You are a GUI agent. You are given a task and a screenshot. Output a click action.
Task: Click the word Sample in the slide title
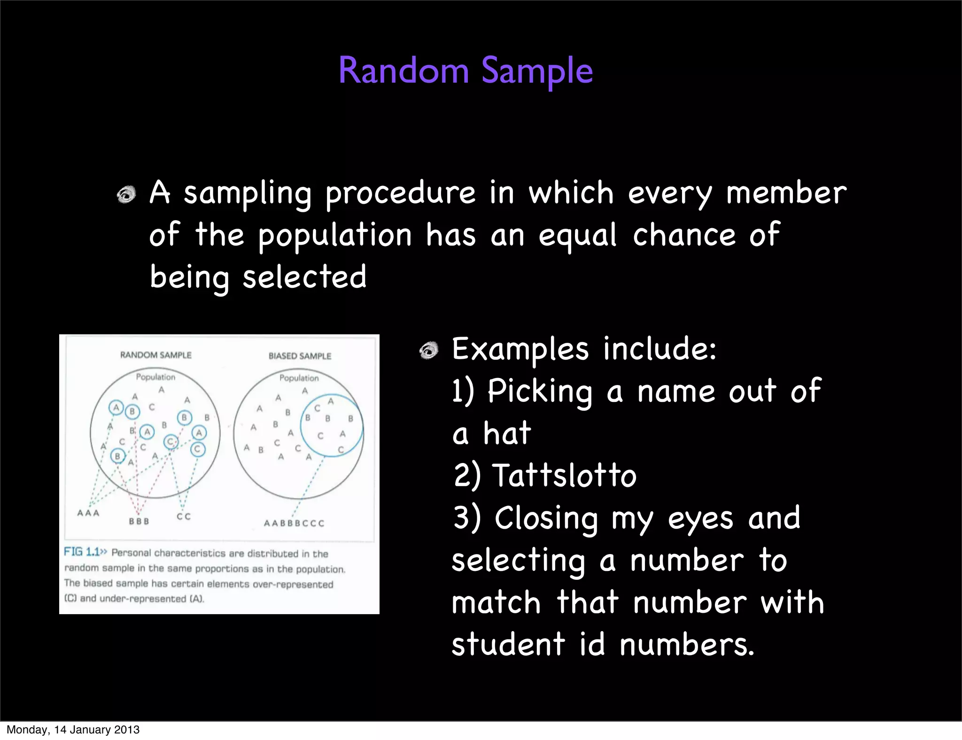coord(537,71)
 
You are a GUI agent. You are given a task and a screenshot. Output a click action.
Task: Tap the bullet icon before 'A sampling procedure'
coord(126,194)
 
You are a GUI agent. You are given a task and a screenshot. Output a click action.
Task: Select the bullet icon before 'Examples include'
coord(428,350)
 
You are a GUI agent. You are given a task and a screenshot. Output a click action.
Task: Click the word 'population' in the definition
coord(334,236)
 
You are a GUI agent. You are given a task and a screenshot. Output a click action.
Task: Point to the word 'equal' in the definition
coord(577,236)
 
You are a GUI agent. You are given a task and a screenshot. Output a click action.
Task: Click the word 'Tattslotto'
coord(564,475)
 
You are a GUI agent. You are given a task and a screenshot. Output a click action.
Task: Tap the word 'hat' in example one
coord(507,433)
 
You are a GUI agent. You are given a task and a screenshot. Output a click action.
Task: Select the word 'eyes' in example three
coord(700,519)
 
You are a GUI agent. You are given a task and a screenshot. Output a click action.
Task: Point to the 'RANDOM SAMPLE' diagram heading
coord(156,355)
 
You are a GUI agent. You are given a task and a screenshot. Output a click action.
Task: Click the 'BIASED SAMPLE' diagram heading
coord(300,356)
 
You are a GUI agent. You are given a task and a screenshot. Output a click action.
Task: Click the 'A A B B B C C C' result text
coord(294,523)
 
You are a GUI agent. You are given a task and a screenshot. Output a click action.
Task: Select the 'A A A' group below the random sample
coord(88,513)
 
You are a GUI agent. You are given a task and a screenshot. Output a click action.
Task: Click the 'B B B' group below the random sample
coord(139,521)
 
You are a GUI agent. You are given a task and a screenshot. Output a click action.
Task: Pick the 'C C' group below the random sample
coord(184,516)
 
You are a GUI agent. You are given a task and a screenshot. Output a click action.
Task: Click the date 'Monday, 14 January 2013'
coord(73,730)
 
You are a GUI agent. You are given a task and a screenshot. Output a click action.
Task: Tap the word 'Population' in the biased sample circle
coord(299,378)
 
